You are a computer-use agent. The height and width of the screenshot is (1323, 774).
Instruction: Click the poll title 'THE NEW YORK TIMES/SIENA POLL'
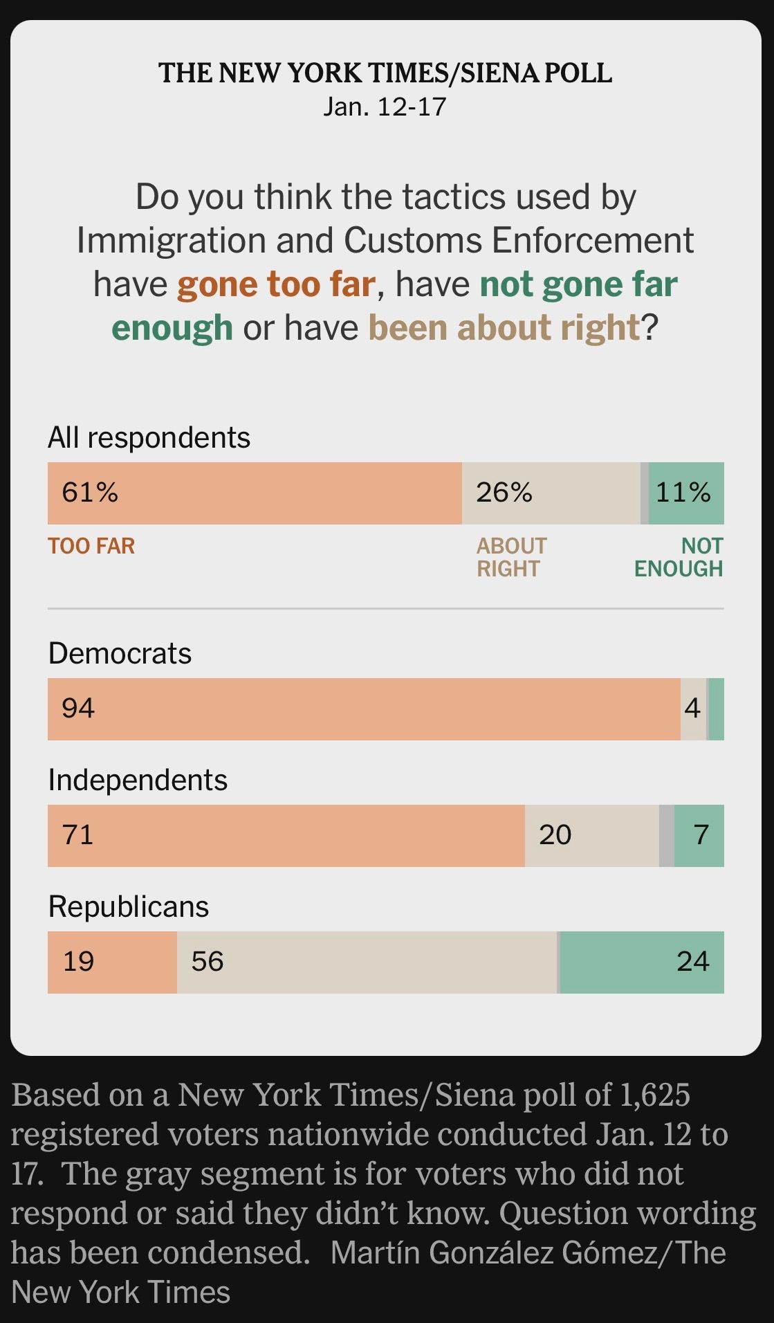385,73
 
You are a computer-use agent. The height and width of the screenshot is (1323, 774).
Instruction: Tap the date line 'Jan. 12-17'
385,107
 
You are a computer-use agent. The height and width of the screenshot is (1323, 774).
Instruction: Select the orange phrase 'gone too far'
276,284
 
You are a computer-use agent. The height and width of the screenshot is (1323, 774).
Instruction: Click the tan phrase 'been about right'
504,328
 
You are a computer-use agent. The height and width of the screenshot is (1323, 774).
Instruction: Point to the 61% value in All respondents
90,493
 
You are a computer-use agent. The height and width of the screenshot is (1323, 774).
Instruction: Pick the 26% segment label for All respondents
504,493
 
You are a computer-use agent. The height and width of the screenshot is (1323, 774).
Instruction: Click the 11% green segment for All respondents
683,493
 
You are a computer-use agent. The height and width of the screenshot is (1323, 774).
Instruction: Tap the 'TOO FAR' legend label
91,546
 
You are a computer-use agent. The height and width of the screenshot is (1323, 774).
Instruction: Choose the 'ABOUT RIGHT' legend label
511,557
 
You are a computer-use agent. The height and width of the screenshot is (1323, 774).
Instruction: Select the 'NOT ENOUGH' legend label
679,557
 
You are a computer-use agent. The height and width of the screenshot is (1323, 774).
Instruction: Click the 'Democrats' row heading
120,654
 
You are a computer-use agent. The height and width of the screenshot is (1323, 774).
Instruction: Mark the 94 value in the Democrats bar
78,709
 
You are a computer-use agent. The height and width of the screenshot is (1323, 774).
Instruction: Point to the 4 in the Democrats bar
692,709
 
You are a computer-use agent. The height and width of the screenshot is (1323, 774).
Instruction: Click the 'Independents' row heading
138,781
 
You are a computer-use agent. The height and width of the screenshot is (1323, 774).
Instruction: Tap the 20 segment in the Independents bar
555,835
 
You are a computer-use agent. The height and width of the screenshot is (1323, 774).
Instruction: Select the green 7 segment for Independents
701,835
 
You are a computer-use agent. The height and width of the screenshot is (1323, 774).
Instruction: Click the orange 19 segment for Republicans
79,962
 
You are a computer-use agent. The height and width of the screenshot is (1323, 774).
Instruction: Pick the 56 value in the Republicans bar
208,962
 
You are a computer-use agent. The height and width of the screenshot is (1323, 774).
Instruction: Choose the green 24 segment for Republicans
692,962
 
